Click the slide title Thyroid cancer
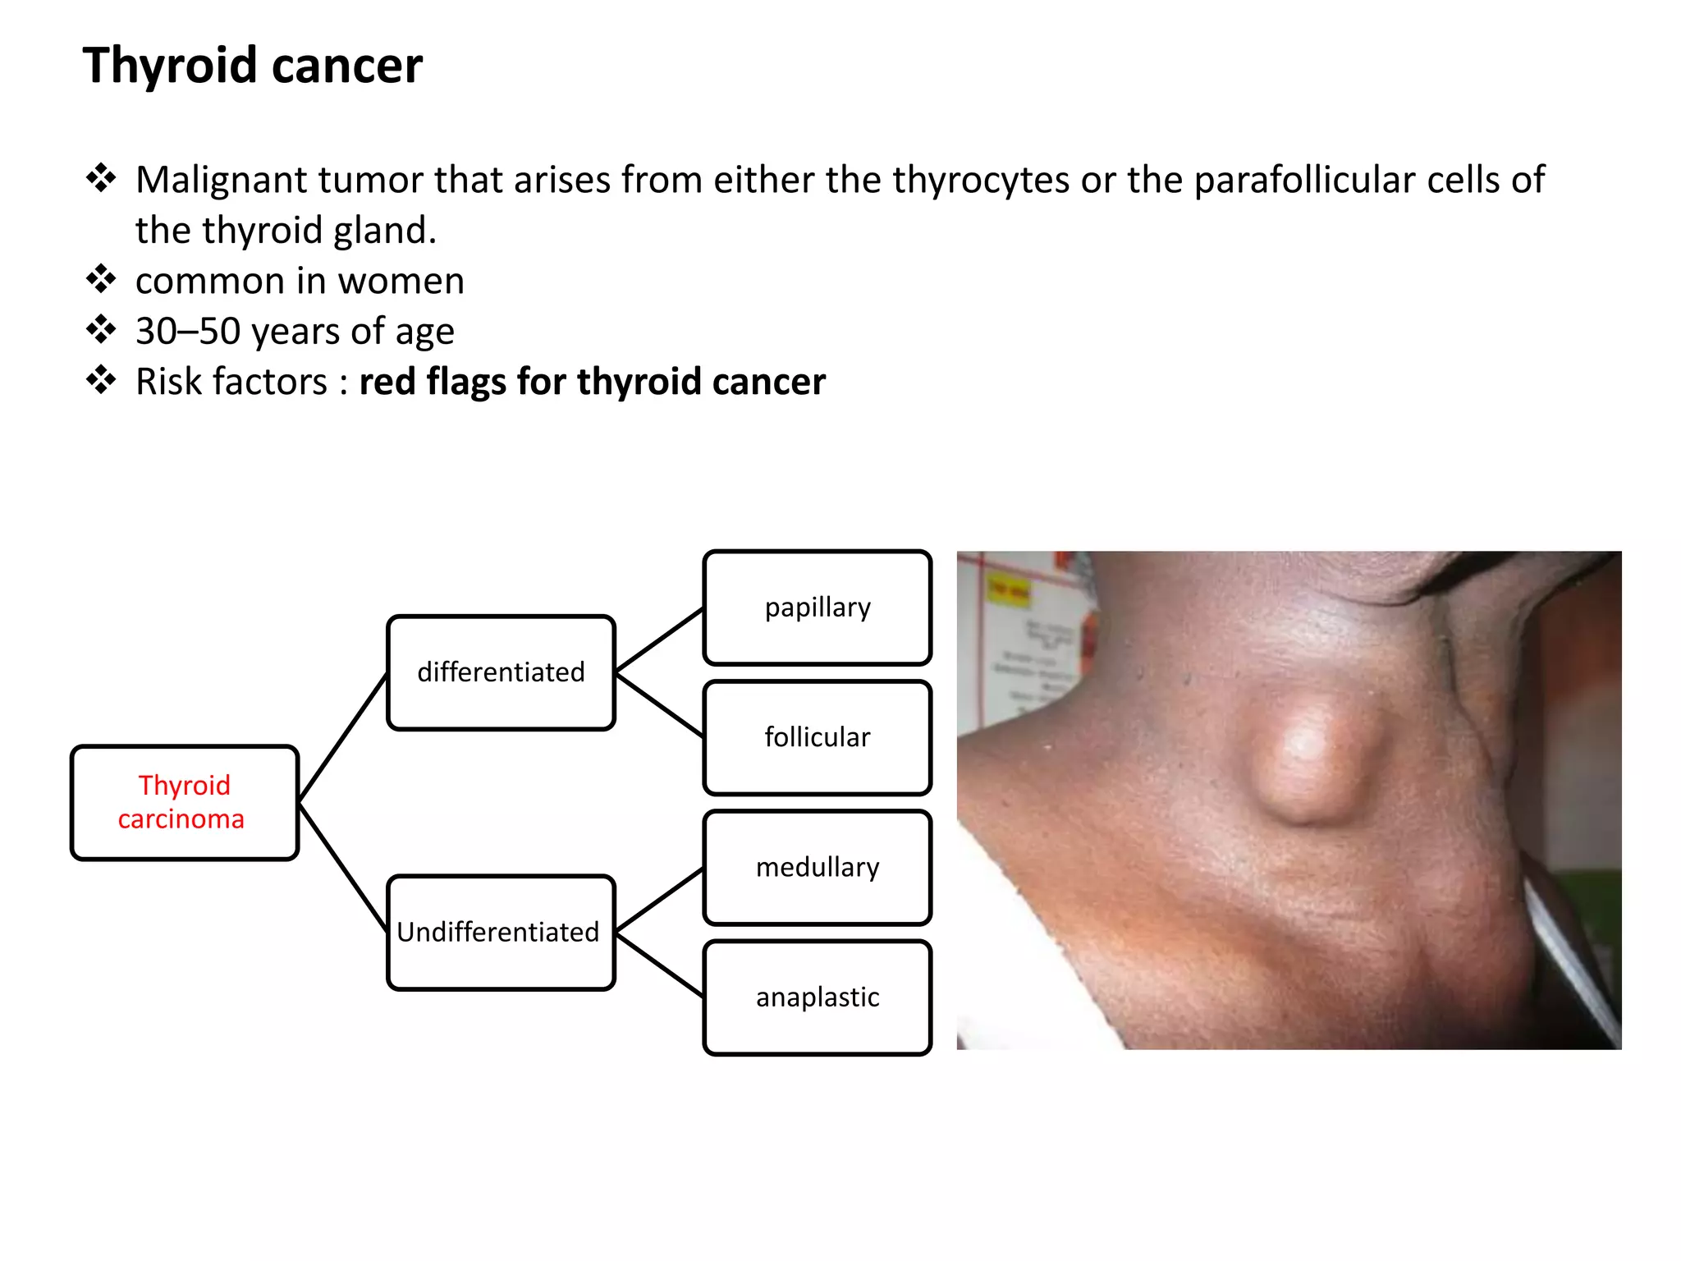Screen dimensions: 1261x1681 coord(252,66)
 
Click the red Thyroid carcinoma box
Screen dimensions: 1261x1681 coord(184,802)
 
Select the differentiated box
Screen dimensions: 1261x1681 coord(501,672)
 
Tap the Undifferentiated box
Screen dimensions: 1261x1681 coord(501,933)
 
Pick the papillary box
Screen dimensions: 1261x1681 coord(818,608)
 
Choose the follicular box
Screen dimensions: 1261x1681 coord(818,737)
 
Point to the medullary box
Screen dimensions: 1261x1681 coord(818,868)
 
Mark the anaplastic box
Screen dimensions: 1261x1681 coord(818,997)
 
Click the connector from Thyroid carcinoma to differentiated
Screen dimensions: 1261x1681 coord(343,737)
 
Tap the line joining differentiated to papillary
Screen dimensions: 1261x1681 coord(659,640)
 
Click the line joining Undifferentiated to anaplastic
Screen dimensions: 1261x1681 coord(659,965)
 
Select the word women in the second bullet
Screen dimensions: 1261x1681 coord(401,281)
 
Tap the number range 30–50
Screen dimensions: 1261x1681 coord(188,332)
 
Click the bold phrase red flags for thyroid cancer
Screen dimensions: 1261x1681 coord(592,382)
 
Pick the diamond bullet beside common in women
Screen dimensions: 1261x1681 coord(101,279)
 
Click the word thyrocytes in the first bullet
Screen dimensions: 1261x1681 coord(981,180)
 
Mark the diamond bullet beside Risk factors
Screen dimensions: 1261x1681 coord(101,380)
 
